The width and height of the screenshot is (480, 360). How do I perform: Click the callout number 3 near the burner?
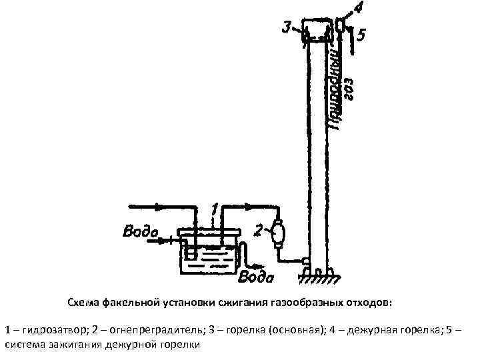(287, 27)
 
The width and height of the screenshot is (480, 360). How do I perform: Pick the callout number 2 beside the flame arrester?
(260, 231)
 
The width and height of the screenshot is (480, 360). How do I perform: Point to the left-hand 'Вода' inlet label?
(140, 232)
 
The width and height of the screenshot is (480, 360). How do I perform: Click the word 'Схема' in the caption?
(85, 303)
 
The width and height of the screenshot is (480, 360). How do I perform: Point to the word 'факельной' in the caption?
(129, 303)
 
